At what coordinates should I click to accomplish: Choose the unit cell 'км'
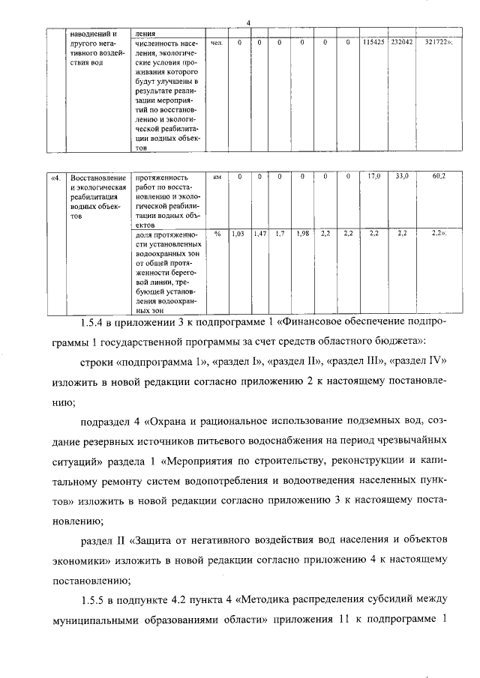(x=217, y=177)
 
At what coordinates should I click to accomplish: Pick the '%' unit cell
(x=217, y=234)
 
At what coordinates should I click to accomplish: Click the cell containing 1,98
(x=302, y=234)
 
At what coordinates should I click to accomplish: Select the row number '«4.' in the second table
(x=55, y=177)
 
